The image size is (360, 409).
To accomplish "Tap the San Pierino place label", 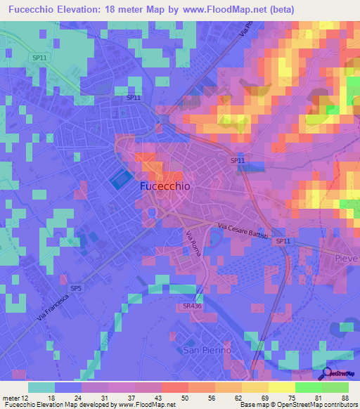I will pos(207,349).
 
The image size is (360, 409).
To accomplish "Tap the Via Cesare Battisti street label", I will pos(242,231).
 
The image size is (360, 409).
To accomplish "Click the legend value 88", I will pos(345,398).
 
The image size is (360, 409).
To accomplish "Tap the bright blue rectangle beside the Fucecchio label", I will pos(120,180).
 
